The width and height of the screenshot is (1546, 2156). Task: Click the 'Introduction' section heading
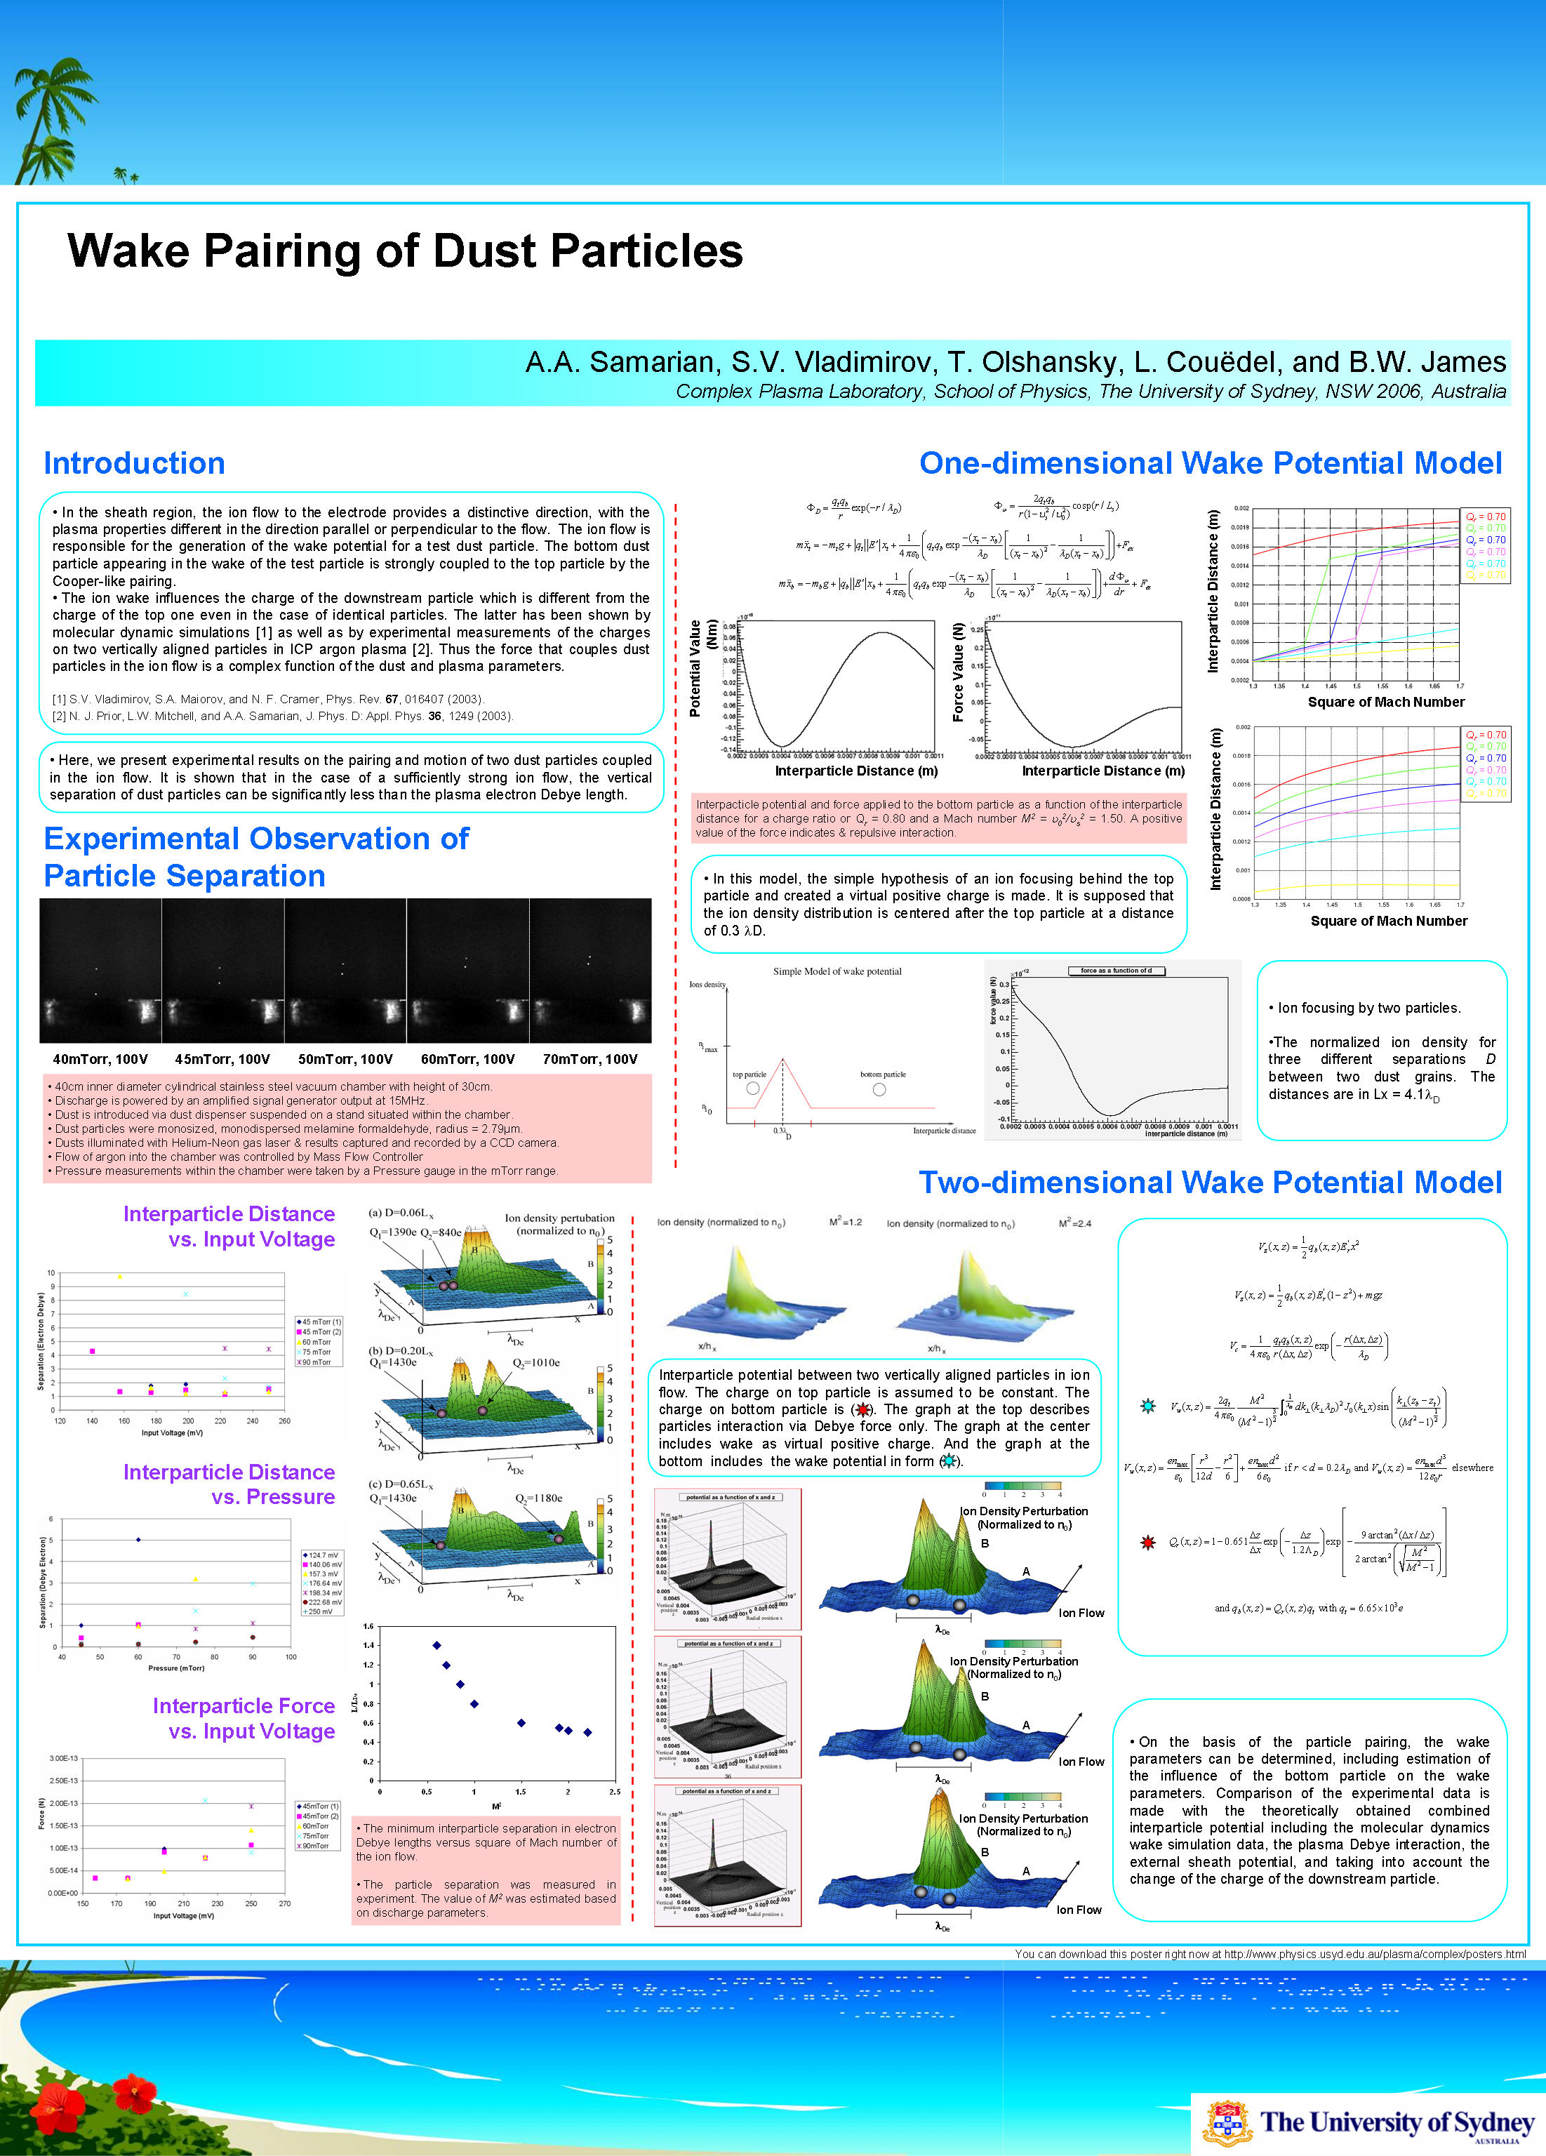pyautogui.click(x=134, y=463)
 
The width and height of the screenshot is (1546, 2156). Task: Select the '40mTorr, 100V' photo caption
pyautogui.click(x=100, y=1059)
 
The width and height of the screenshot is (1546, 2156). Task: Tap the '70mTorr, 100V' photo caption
pyautogui.click(x=589, y=1059)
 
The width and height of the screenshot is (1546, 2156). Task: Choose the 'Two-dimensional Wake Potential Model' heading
pyautogui.click(x=1209, y=1183)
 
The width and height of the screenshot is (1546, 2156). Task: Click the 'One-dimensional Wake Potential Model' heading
pyautogui.click(x=1209, y=463)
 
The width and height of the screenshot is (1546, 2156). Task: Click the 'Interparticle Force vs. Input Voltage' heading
pyautogui.click(x=244, y=1719)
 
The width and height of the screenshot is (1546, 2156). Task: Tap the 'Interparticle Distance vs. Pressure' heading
pyautogui.click(x=229, y=1484)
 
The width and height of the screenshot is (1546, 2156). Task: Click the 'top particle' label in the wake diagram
pyautogui.click(x=749, y=1074)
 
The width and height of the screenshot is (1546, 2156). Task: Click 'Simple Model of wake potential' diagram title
pyautogui.click(x=837, y=971)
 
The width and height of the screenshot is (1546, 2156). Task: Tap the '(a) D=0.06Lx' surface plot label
pyautogui.click(x=401, y=1213)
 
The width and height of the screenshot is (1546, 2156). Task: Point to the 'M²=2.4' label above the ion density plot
pyautogui.click(x=1074, y=1223)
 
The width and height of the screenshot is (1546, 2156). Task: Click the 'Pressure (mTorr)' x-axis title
pyautogui.click(x=176, y=1668)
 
